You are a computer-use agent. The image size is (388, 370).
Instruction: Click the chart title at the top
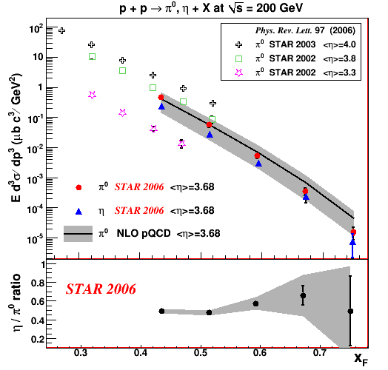(x=211, y=8)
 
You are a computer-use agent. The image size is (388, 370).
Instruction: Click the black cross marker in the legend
(x=238, y=44)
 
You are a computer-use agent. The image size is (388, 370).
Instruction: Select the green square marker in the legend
(x=238, y=59)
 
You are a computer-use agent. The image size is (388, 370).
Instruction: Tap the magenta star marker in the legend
(x=238, y=73)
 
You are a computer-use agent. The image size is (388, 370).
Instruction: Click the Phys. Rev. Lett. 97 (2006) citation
(x=305, y=30)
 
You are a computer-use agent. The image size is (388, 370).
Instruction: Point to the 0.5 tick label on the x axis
(x=201, y=353)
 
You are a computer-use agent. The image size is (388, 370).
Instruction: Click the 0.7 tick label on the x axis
(x=320, y=353)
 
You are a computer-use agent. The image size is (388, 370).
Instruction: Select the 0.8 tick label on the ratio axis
(x=38, y=283)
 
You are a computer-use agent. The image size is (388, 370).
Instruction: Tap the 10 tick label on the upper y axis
(x=38, y=57)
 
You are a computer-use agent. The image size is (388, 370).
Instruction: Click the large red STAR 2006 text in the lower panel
(x=101, y=289)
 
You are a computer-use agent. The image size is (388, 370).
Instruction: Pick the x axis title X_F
(x=361, y=359)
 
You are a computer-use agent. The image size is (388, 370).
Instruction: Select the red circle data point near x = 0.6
(x=257, y=156)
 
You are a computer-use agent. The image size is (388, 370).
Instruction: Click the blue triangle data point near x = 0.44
(x=161, y=107)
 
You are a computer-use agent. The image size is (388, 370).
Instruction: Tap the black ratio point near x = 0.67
(x=303, y=295)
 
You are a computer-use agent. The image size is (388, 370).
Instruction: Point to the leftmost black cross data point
(x=62, y=30)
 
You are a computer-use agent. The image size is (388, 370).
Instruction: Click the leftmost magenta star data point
(x=92, y=95)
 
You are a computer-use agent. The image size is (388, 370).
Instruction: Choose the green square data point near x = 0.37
(x=122, y=71)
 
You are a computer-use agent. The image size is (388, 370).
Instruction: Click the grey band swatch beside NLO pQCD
(x=78, y=234)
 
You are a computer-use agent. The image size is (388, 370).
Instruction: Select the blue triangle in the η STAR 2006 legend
(x=78, y=212)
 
